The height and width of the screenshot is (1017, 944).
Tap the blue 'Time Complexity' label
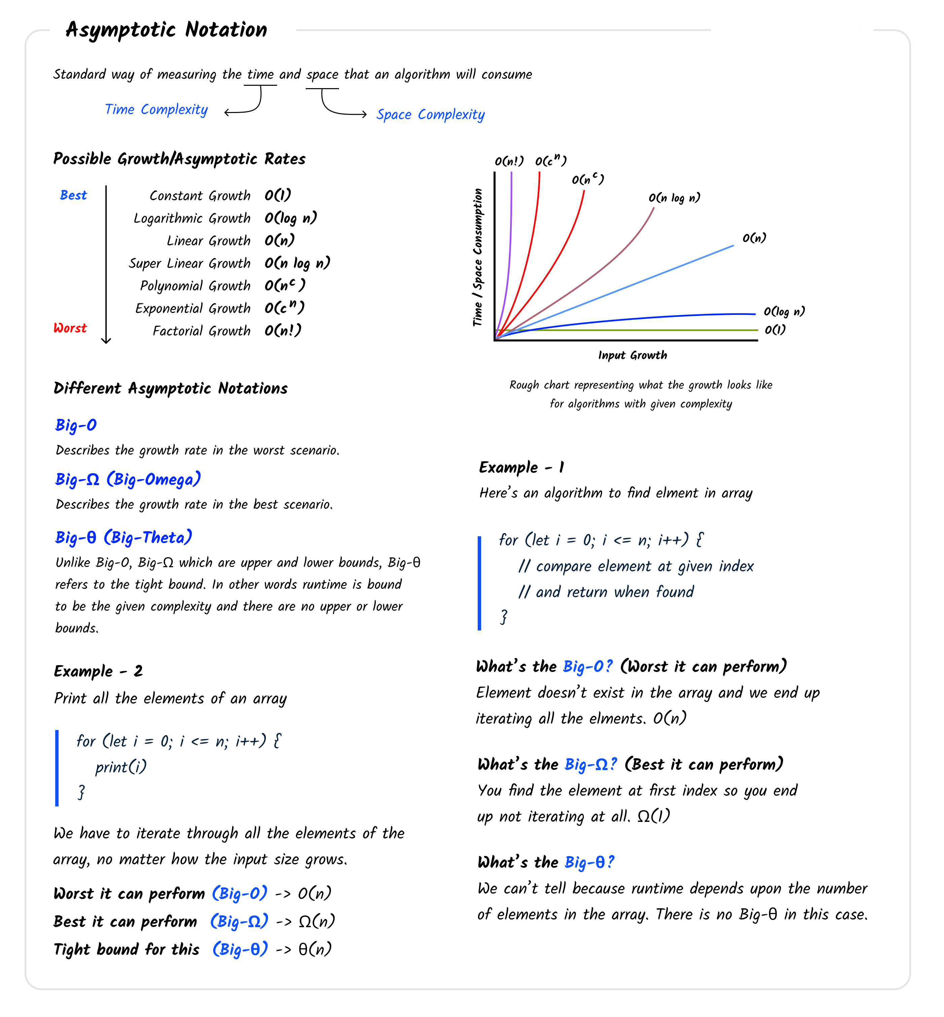(x=156, y=110)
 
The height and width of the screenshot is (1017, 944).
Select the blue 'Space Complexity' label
(x=430, y=115)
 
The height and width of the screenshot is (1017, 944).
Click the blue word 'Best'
(x=73, y=195)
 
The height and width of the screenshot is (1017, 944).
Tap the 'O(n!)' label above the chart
(x=509, y=161)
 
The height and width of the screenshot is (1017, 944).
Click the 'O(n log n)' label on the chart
(x=674, y=197)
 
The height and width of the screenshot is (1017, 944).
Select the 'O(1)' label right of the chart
(x=775, y=330)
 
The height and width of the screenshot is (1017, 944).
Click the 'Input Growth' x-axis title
(x=632, y=355)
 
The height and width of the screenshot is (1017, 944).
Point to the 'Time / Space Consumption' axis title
(x=478, y=257)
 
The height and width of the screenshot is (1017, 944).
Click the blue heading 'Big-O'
(x=76, y=425)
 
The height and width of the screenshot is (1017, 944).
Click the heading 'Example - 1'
(x=521, y=467)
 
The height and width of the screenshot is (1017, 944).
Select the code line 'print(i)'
(x=121, y=767)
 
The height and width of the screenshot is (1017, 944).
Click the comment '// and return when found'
(x=606, y=592)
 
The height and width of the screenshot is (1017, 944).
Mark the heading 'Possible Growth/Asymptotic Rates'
(x=179, y=159)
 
